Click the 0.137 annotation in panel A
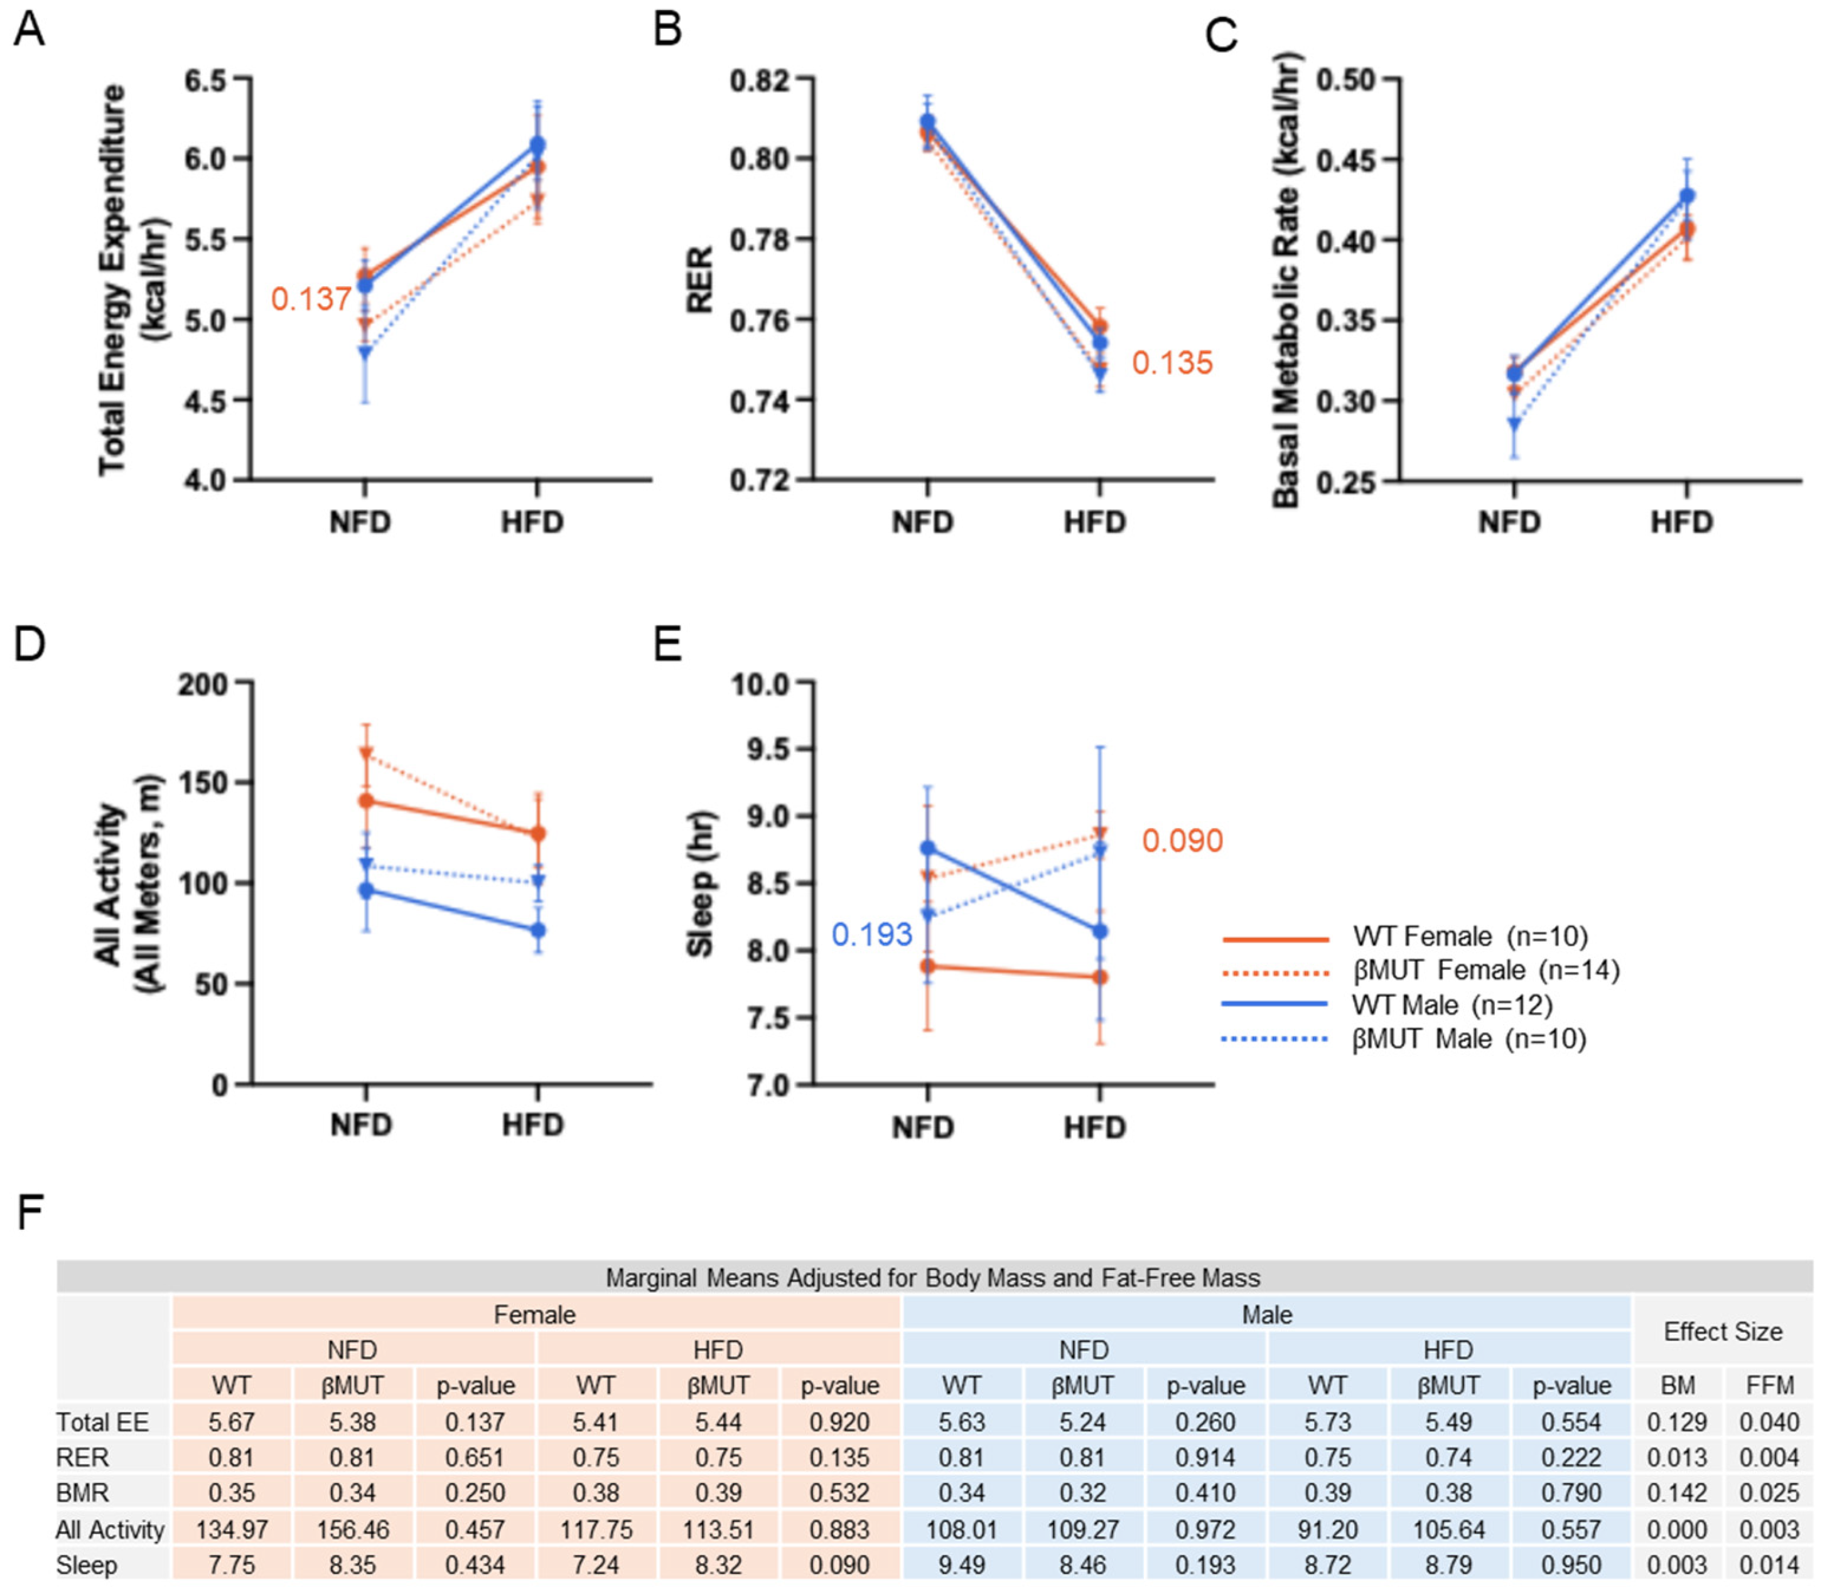310,299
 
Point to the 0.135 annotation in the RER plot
1171,364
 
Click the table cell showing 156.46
352,1529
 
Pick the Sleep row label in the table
86,1566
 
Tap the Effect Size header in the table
1722,1332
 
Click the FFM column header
1769,1385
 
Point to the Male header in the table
1266,1314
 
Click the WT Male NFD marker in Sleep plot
928,848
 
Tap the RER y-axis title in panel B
700,279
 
